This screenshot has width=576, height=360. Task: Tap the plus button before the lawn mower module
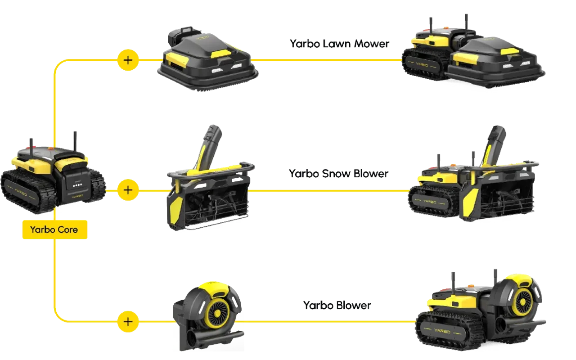pos(128,59)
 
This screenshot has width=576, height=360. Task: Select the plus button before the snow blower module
pos(128,190)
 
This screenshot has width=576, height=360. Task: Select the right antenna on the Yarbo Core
pos(75,140)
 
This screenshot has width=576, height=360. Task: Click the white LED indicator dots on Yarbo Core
pos(78,184)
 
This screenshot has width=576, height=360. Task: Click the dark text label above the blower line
pos(337,305)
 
